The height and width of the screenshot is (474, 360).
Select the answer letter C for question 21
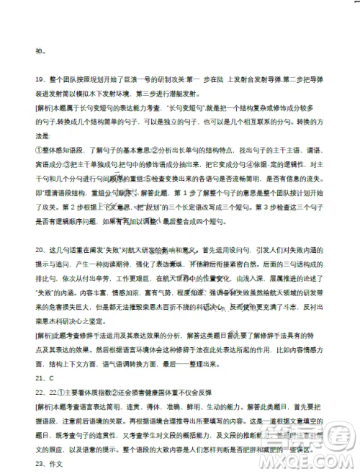(52, 377)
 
